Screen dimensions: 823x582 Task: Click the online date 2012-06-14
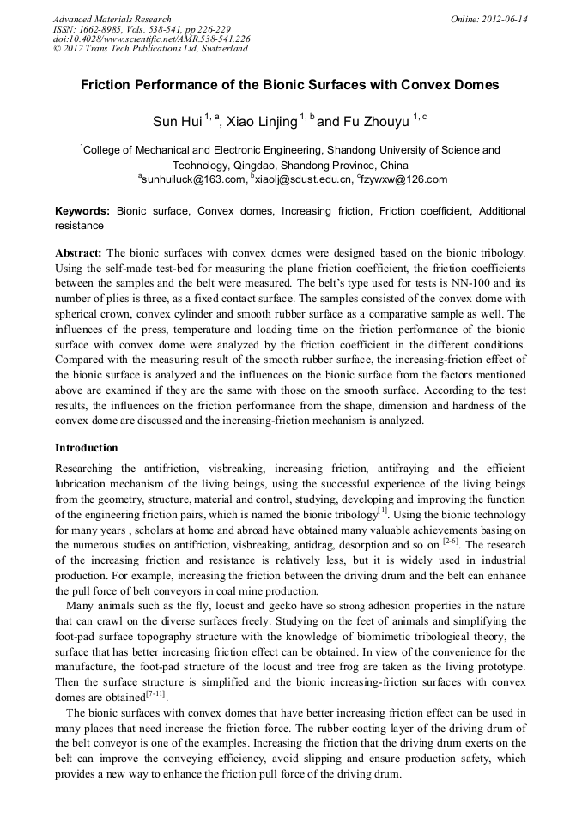pyautogui.click(x=505, y=19)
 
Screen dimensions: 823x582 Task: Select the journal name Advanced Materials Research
pyautogui.click(x=112, y=19)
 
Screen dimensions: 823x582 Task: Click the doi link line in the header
pyautogui.click(x=152, y=39)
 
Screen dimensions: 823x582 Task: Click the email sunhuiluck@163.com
pyautogui.click(x=182, y=179)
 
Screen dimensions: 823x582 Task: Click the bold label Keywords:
pyautogui.click(x=82, y=211)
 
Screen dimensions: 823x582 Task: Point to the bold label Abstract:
pyautogui.click(x=79, y=253)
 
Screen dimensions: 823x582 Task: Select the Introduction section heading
pyautogui.click(x=87, y=448)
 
